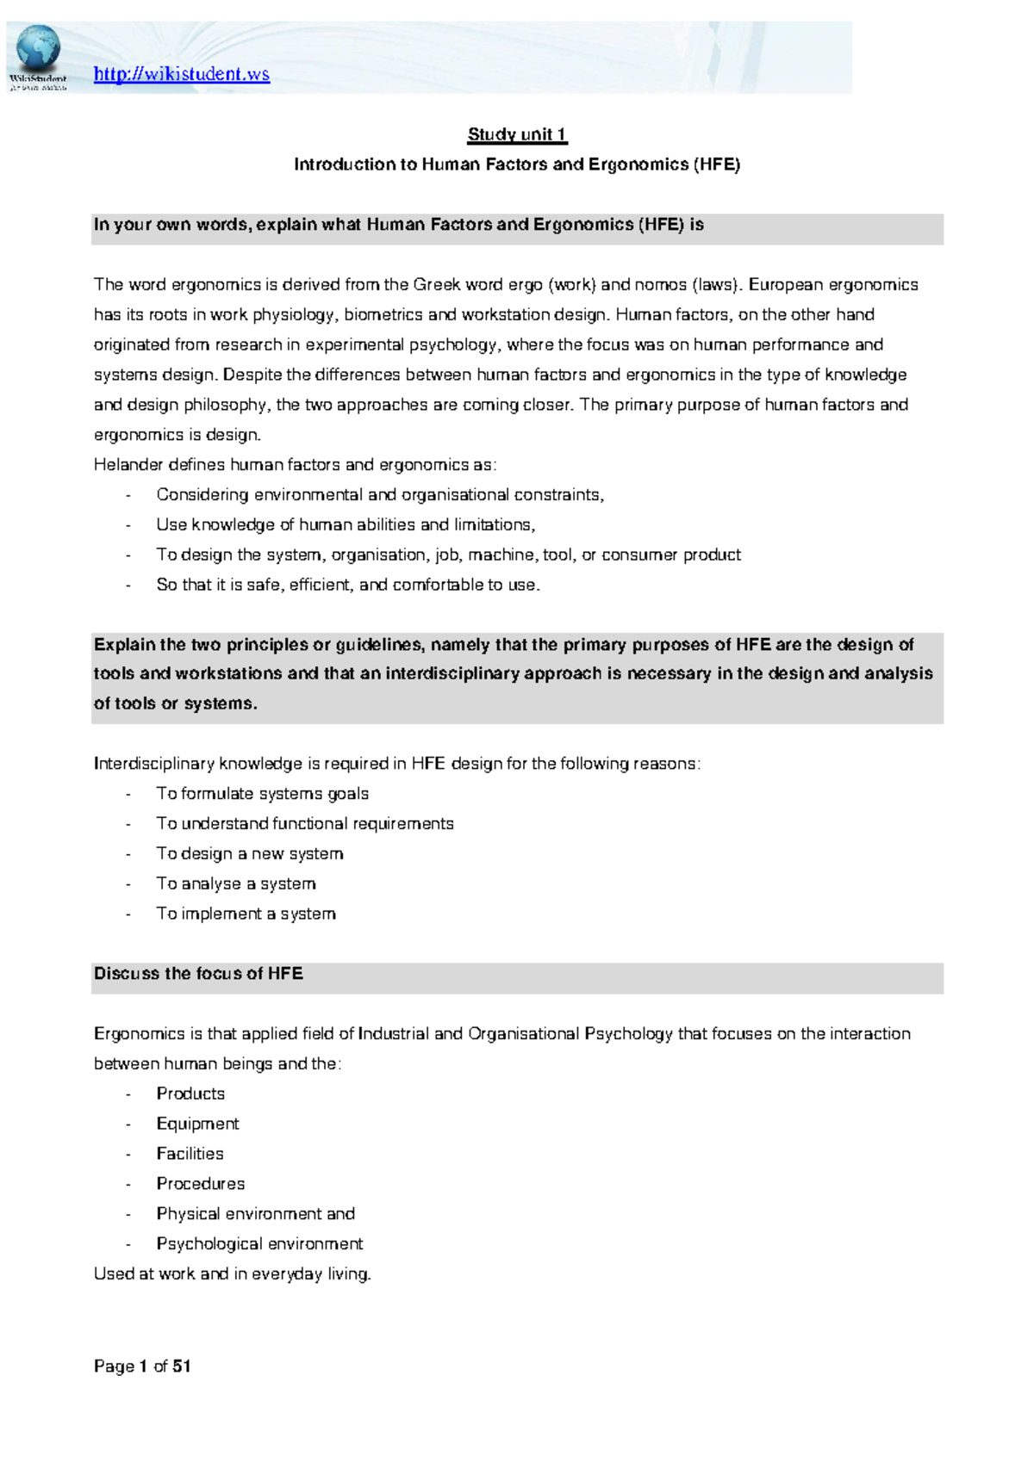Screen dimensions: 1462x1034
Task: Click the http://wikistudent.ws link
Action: pyautogui.click(x=181, y=74)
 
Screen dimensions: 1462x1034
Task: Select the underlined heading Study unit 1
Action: pyautogui.click(x=517, y=134)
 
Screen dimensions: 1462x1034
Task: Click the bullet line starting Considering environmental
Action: pyautogui.click(x=379, y=495)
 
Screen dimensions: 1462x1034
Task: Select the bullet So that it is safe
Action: pyautogui.click(x=347, y=585)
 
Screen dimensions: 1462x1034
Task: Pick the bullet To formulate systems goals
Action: pyautogui.click(x=262, y=794)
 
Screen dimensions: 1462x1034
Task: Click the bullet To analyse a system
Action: pyautogui.click(x=235, y=883)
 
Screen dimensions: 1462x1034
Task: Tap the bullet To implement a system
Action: pyautogui.click(x=246, y=914)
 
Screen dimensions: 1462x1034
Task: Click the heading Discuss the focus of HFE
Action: pyautogui.click(x=198, y=974)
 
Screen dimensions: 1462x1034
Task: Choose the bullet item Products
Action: pyautogui.click(x=190, y=1093)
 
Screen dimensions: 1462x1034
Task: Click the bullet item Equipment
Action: pyautogui.click(x=197, y=1124)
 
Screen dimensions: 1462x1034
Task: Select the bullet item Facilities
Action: pyautogui.click(x=190, y=1154)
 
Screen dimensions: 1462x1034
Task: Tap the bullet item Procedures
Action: pyautogui.click(x=200, y=1184)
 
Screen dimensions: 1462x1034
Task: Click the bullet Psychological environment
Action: pyautogui.click(x=259, y=1244)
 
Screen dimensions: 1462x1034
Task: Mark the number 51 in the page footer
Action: pyautogui.click(x=181, y=1366)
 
